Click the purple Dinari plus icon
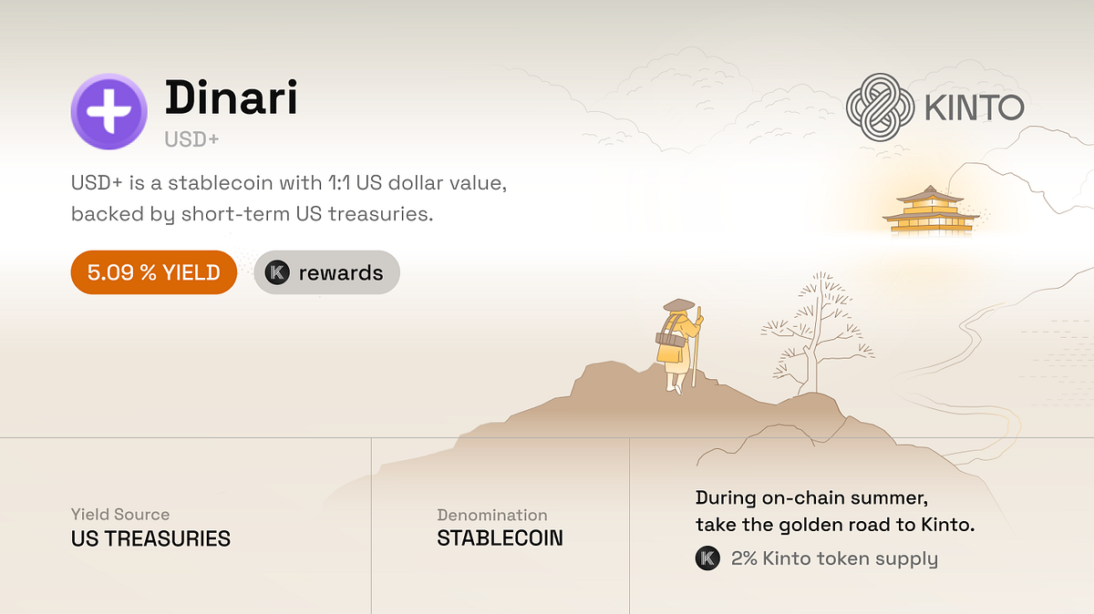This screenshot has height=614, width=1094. click(109, 112)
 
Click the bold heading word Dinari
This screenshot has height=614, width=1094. click(231, 98)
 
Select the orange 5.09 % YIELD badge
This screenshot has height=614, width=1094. click(153, 272)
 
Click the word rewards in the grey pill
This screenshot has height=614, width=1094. click(341, 272)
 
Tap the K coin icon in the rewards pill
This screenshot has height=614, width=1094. click(277, 272)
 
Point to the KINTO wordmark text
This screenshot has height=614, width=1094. click(974, 108)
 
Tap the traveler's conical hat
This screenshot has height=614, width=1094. click(678, 306)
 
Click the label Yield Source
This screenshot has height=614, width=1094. click(120, 515)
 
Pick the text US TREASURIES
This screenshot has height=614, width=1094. click(150, 538)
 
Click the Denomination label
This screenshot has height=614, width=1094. click(492, 515)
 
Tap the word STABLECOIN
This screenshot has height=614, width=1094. click(500, 538)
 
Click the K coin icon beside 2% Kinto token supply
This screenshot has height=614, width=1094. click(707, 558)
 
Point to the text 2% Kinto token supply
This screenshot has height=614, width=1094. click(834, 558)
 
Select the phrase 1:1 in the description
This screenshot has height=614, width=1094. click(340, 183)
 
